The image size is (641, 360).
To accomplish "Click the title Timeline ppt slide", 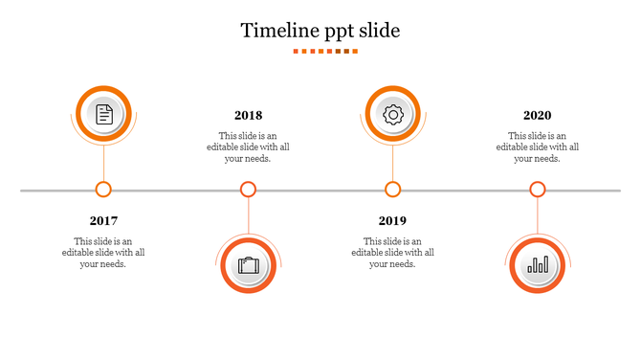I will tap(320, 31).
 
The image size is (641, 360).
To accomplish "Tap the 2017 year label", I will tap(103, 220).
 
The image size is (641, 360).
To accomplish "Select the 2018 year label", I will tap(248, 116).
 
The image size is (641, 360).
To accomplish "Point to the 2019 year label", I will tap(392, 220).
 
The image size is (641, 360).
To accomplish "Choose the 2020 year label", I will tap(537, 116).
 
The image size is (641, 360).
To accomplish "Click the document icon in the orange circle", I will tap(103, 115).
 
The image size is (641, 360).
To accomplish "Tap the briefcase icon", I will tap(249, 265).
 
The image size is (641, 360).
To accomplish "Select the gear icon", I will tap(392, 115).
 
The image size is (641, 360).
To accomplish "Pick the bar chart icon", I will tap(538, 265).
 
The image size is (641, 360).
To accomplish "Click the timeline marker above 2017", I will tap(103, 190).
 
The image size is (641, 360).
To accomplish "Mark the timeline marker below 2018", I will tap(248, 190).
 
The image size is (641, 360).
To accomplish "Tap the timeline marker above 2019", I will tap(392, 190).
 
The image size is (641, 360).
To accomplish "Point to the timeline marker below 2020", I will tap(538, 190).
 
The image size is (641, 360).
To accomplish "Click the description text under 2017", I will tap(103, 253).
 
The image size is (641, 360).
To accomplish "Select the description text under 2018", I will tap(248, 147).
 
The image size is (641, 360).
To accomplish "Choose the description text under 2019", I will tap(392, 253).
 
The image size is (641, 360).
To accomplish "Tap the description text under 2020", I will tap(537, 147).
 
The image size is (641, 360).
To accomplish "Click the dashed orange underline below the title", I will tap(325, 52).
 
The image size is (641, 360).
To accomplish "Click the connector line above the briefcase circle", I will tap(249, 216).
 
